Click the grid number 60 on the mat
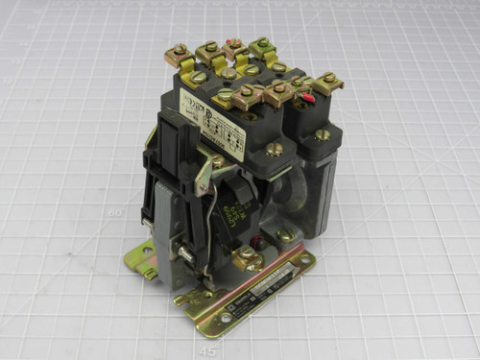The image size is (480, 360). (x=116, y=213)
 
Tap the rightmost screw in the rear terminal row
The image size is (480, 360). (x=263, y=43)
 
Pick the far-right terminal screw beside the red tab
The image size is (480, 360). (x=329, y=78)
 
